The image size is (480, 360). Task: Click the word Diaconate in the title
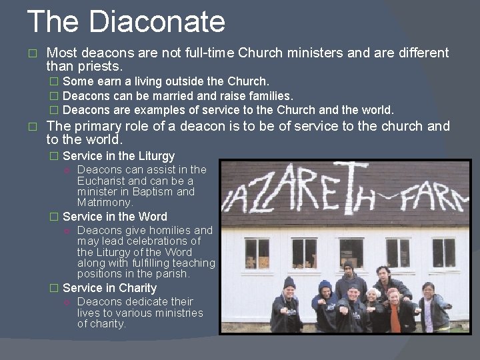click(x=157, y=21)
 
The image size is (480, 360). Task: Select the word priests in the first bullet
click(x=101, y=67)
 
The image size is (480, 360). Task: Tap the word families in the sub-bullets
click(x=271, y=96)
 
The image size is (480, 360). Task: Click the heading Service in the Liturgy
click(x=119, y=156)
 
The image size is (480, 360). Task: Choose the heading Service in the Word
click(x=115, y=217)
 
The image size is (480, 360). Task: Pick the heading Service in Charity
click(x=109, y=288)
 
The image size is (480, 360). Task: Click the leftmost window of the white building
click(x=257, y=253)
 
